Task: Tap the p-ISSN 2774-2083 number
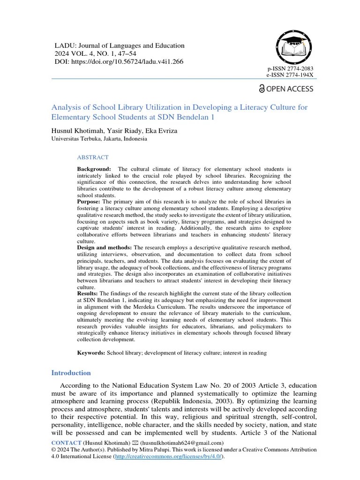click(x=290, y=68)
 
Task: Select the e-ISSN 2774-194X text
click(x=290, y=75)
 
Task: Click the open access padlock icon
click(x=262, y=89)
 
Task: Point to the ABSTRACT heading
click(x=93, y=157)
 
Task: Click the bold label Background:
click(x=94, y=169)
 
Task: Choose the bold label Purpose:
click(x=89, y=202)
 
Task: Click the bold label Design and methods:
click(x=105, y=247)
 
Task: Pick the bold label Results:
click(x=88, y=293)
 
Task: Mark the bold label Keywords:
click(x=91, y=352)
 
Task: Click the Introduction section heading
click(x=71, y=373)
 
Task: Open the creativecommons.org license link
click(x=169, y=457)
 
